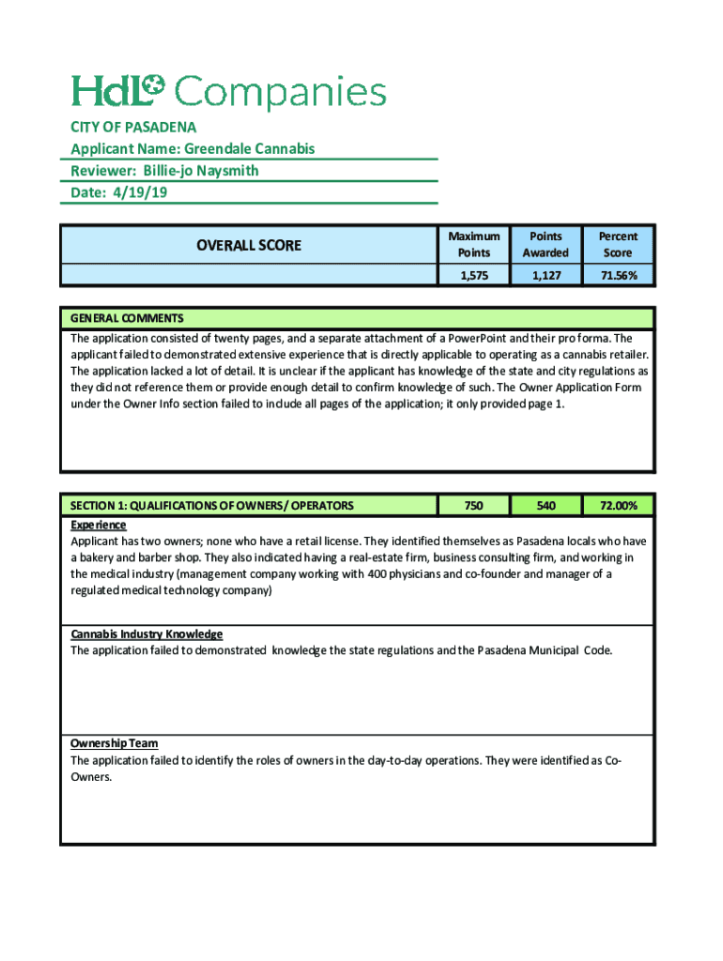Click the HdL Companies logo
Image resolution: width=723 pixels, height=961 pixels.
point(229,92)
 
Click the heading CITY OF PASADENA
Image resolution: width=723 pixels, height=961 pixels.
point(133,127)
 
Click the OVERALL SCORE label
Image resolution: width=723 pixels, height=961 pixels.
point(248,245)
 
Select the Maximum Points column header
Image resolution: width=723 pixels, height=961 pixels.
point(473,244)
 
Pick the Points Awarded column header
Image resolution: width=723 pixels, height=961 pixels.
point(546,244)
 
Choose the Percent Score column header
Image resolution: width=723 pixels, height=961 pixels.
point(618,244)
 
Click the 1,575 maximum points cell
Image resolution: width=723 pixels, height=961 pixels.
point(473,275)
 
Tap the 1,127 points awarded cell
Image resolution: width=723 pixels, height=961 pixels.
point(546,275)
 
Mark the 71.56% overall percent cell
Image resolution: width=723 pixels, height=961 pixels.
point(618,275)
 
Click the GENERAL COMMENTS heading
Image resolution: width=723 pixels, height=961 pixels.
point(127,318)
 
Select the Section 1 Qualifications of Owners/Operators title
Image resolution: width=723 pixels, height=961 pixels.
point(212,506)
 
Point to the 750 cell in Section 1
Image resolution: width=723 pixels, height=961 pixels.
point(473,506)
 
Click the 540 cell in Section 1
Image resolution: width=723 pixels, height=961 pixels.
point(546,506)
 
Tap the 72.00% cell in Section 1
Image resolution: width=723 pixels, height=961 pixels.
point(618,506)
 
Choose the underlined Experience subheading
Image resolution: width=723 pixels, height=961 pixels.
point(99,525)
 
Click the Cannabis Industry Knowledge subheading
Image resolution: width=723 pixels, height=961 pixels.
point(146,634)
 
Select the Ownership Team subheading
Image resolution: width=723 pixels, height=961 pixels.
point(115,743)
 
